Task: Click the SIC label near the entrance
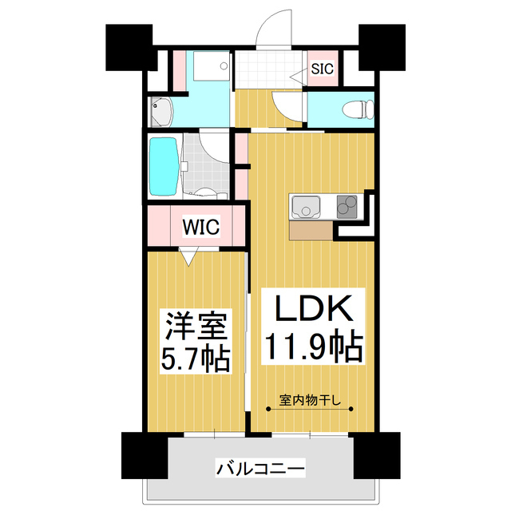(322, 69)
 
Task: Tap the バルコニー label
(260, 468)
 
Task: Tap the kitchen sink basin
(305, 208)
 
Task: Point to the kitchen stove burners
(347, 207)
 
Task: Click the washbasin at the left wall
(160, 111)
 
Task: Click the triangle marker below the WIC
(188, 256)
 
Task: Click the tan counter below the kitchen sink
(311, 231)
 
